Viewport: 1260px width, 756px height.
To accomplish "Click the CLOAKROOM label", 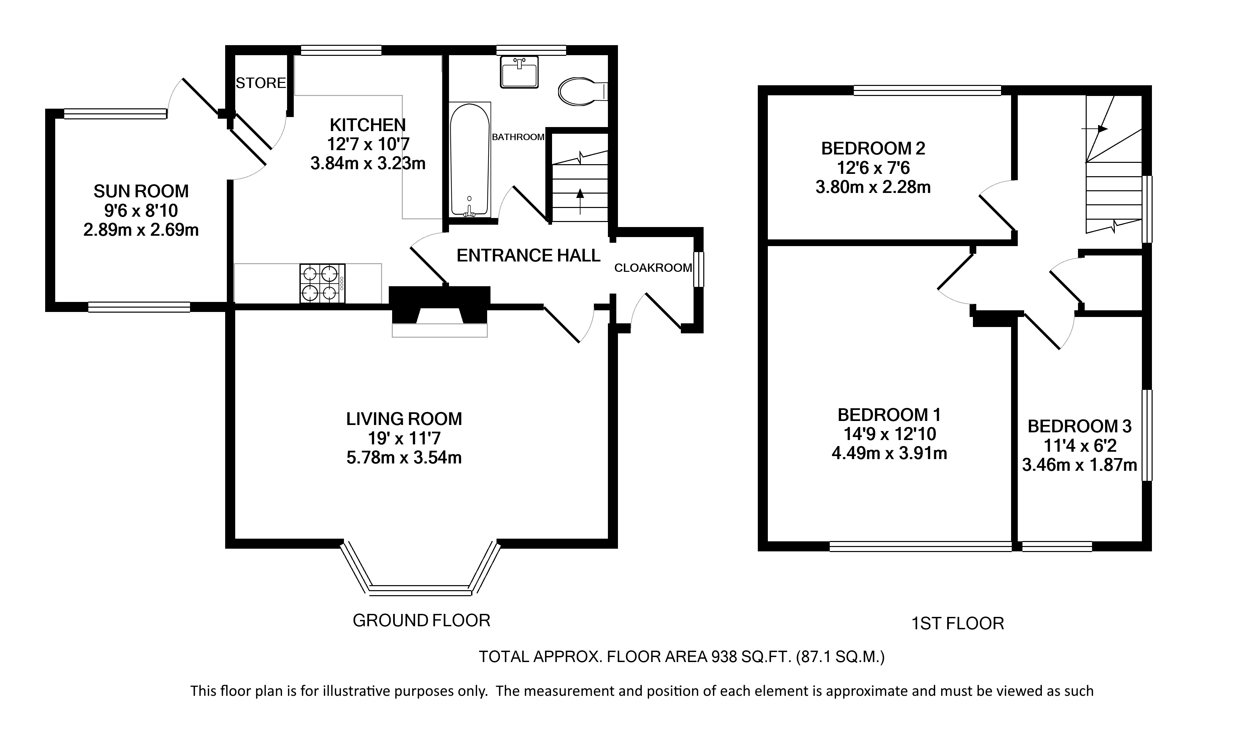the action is pos(653,268).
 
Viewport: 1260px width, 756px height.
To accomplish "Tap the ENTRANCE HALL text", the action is pos(529,255).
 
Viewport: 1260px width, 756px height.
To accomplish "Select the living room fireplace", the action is pos(439,310).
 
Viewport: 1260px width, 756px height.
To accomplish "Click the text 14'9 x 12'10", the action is pos(889,434).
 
